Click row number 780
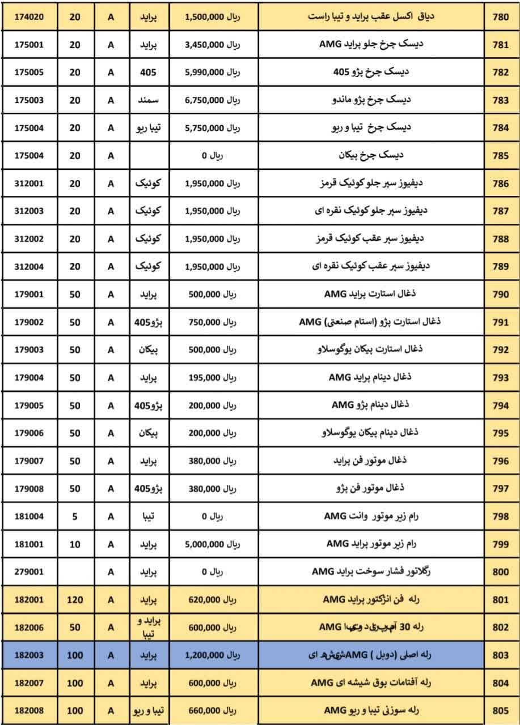pos(501,17)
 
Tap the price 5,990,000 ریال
pos(213,72)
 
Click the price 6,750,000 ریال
pos(213,100)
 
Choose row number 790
pos(501,295)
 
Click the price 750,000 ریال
pos(213,322)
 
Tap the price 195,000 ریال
pos(213,377)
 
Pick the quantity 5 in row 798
pos(75,516)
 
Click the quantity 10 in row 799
pos(75,544)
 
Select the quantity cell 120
pos(75,599)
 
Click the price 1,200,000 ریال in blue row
pos(213,655)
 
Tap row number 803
pos(501,655)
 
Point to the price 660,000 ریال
pos(213,710)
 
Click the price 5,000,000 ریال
pos(213,544)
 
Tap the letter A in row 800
pos(111,572)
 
